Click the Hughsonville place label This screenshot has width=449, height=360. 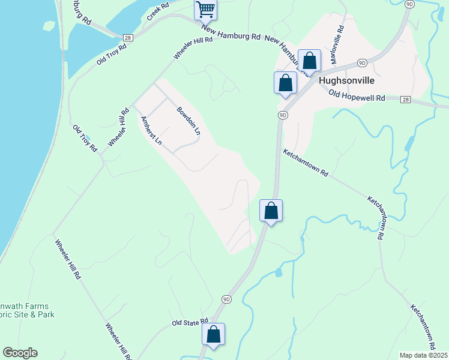(x=347, y=80)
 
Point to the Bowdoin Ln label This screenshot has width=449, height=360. (x=188, y=121)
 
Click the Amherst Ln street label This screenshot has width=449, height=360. (x=151, y=131)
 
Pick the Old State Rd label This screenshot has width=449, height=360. (x=189, y=322)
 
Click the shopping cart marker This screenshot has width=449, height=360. (x=205, y=9)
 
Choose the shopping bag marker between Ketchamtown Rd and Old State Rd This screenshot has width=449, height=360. (x=271, y=211)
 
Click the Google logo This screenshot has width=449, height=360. (x=20, y=353)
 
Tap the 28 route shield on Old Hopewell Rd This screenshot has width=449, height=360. (x=406, y=99)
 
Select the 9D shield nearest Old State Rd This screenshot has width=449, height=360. (x=226, y=299)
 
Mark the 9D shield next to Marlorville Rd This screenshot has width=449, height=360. (x=362, y=62)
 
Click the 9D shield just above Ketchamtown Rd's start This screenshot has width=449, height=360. (x=283, y=115)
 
